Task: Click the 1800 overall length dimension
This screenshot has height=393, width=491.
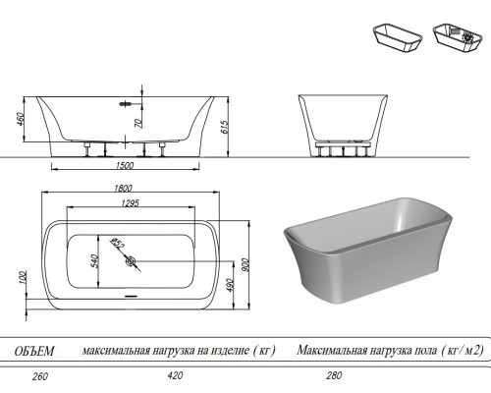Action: point(123,188)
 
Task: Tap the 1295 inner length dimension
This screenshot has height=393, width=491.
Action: point(131,203)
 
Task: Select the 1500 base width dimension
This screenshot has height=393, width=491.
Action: point(125,165)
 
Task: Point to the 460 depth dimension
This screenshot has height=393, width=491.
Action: point(21,120)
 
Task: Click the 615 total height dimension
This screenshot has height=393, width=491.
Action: point(224,127)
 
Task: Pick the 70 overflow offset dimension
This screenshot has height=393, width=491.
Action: point(138,123)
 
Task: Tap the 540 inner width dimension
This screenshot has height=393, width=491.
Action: point(94,260)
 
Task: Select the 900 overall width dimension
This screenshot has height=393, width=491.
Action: point(245,264)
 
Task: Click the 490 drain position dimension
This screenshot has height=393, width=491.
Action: point(229,286)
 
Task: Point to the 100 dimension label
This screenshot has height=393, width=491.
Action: point(23,278)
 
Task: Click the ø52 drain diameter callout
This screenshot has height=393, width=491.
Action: point(117,243)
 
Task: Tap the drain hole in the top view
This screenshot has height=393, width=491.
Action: point(131,261)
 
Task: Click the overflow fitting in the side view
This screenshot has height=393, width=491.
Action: point(126,104)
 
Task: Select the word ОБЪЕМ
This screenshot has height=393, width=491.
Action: point(34,351)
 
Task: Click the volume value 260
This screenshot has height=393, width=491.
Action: point(40,376)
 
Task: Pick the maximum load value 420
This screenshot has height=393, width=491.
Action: point(175,375)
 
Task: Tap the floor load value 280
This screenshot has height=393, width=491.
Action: point(334,375)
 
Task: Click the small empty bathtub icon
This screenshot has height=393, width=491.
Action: point(398,37)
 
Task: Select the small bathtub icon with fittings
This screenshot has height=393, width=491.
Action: point(458,37)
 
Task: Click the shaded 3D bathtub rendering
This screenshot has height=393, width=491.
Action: point(368,251)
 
